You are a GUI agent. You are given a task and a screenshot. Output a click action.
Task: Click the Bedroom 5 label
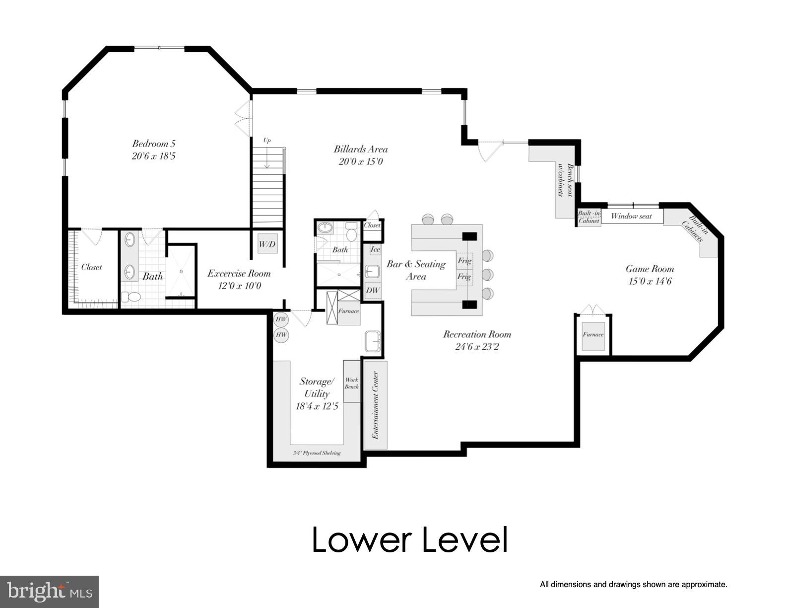[x=153, y=144]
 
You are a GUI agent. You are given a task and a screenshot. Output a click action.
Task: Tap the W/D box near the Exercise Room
[x=267, y=244]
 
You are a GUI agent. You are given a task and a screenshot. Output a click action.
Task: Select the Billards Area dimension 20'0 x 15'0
[x=361, y=161]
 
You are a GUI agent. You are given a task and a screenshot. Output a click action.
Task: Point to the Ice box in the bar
[x=375, y=249]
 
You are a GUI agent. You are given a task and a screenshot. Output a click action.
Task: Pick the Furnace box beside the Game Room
[x=593, y=334]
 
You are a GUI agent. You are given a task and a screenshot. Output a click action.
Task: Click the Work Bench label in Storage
[x=351, y=383]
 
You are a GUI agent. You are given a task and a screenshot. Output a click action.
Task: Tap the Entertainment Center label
[x=376, y=405]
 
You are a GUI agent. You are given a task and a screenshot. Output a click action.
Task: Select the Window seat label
[x=631, y=216]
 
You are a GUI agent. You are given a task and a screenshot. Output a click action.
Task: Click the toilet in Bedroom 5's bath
[x=132, y=297]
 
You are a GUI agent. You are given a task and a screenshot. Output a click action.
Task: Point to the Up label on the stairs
[x=267, y=141]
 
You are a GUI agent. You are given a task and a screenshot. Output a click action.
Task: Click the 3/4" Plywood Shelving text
[x=317, y=453]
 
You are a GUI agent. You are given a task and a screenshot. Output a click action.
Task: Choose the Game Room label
[x=650, y=269]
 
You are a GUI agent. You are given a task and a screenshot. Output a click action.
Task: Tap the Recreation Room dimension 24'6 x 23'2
[x=477, y=346]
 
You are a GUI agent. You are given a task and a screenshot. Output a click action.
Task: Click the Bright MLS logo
[x=50, y=592]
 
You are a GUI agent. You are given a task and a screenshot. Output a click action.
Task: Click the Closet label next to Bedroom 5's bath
[x=91, y=267]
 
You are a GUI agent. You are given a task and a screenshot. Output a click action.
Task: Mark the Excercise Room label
[x=239, y=273]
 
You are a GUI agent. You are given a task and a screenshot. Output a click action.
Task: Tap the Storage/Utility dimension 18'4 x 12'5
[x=317, y=406]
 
